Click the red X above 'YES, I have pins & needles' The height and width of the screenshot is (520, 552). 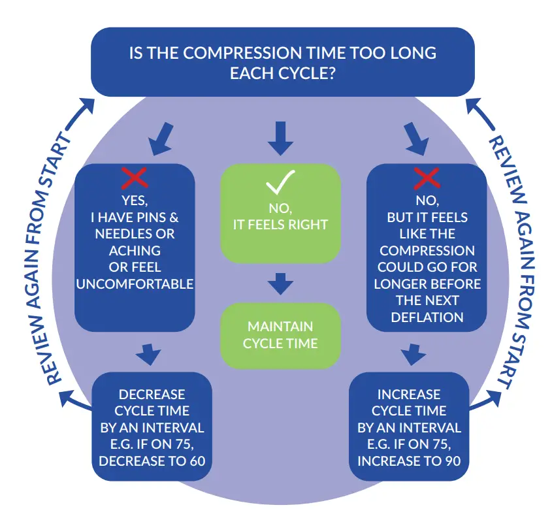[135, 178]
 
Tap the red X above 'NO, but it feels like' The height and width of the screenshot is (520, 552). [427, 178]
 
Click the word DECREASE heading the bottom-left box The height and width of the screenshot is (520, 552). [152, 395]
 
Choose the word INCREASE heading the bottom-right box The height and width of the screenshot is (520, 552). [409, 395]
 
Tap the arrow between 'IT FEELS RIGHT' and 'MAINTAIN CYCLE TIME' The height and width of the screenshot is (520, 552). [280, 283]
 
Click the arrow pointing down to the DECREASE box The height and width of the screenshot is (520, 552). [149, 354]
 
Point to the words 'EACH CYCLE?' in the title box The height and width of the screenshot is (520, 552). [282, 73]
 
